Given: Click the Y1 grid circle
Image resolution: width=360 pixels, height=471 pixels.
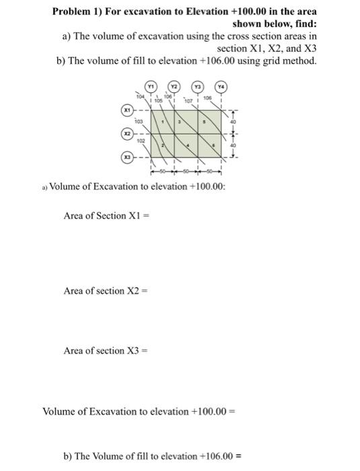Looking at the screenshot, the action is point(151,86).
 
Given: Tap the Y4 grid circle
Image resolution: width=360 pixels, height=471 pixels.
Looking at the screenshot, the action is point(221,86).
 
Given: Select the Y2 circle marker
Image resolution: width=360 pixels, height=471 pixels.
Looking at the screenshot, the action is point(173,86).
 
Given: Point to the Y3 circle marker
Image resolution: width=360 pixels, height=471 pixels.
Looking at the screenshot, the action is point(199,86).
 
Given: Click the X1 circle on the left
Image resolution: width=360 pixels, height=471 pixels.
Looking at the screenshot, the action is point(126,109).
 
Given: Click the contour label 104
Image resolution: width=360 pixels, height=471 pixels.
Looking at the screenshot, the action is point(140,98).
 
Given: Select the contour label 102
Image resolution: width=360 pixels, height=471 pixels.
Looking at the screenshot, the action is point(140,141).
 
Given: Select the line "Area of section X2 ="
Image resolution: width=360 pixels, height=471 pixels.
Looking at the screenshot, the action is point(104,291).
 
